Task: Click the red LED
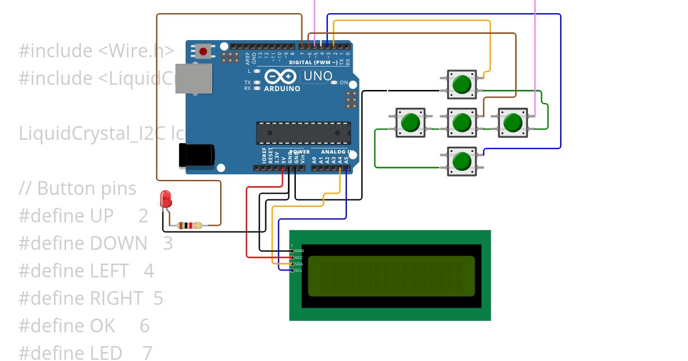click(x=166, y=198)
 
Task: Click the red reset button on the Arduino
click(x=203, y=52)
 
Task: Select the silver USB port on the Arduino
click(x=193, y=79)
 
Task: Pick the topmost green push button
click(x=461, y=85)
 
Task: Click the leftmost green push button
click(x=410, y=122)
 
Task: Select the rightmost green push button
click(x=512, y=122)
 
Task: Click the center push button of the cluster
click(x=461, y=122)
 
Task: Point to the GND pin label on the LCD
click(x=299, y=251)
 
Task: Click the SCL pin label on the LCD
click(x=299, y=270)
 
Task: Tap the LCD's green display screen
click(x=391, y=276)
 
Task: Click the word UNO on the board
click(x=318, y=76)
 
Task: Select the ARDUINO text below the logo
click(x=282, y=89)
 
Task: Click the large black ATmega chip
click(x=303, y=132)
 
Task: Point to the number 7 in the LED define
click(x=147, y=353)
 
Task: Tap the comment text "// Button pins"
click(x=77, y=189)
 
